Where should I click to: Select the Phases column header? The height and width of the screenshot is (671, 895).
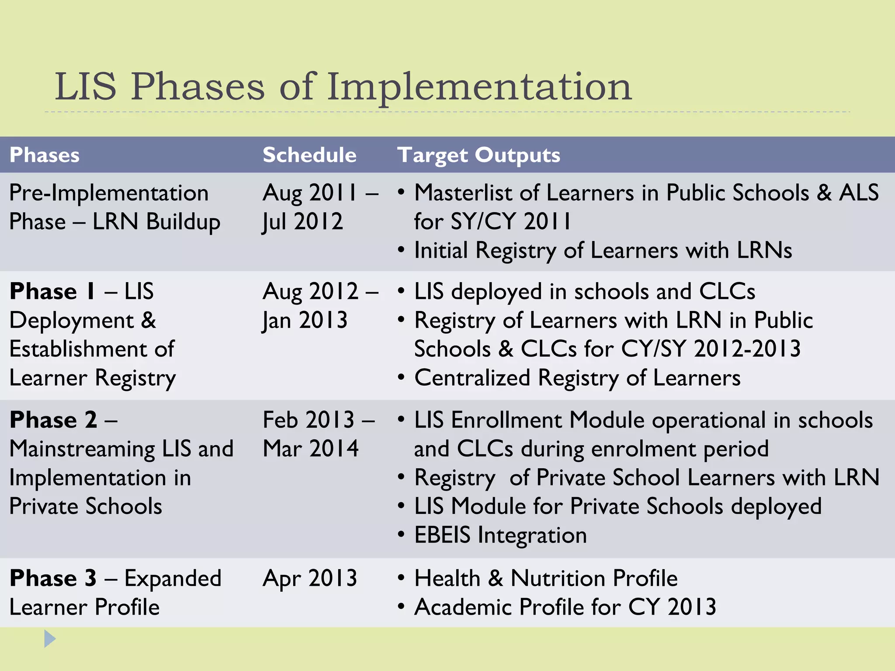click(x=45, y=155)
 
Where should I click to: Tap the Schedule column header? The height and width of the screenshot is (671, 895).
click(x=309, y=155)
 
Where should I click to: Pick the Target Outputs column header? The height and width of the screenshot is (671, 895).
click(x=479, y=155)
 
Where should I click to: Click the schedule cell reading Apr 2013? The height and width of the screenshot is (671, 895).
click(x=310, y=578)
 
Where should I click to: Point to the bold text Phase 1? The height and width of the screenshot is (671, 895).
click(x=52, y=291)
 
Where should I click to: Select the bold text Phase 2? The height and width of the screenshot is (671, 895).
click(x=53, y=420)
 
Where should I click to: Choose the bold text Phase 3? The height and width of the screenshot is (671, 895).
click(x=53, y=578)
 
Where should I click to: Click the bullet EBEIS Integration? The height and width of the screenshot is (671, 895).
click(x=500, y=535)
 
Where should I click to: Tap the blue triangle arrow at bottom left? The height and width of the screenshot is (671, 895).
click(x=49, y=639)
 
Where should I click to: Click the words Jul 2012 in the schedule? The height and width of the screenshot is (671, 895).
click(x=302, y=222)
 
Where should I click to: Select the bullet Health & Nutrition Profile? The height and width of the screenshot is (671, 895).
click(x=546, y=578)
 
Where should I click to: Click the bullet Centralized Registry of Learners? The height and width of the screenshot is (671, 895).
click(x=577, y=378)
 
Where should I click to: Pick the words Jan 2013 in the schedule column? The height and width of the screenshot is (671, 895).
click(x=305, y=321)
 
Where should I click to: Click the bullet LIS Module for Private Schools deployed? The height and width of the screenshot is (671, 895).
click(x=617, y=507)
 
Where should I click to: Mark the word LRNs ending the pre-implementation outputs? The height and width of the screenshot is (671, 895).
click(x=764, y=251)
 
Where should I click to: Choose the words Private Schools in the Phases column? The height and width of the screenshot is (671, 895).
click(x=86, y=507)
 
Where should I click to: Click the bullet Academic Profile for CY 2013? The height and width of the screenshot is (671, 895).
click(x=565, y=607)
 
